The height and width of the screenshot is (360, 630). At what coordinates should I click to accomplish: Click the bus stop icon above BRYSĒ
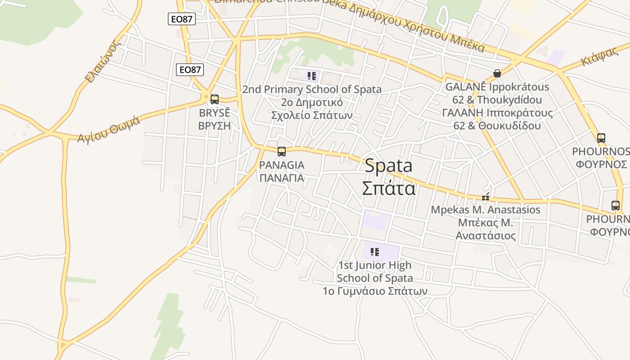coord(215,99)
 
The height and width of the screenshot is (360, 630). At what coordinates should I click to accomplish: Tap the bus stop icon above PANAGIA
coord(282,152)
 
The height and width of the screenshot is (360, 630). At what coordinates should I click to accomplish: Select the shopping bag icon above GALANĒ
coord(497,73)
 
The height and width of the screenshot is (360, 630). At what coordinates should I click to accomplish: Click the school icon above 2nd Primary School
coord(312,76)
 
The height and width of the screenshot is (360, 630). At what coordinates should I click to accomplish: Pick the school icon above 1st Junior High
coord(374,252)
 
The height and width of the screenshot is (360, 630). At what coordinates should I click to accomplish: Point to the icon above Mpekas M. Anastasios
coord(486,197)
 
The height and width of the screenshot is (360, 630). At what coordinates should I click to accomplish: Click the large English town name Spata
coord(388,166)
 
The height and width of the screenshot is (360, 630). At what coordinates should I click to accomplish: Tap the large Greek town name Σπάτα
coord(389,188)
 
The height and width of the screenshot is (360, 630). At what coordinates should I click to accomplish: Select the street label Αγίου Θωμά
coord(108,129)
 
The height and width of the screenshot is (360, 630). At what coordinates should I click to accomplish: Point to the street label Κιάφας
coord(600,57)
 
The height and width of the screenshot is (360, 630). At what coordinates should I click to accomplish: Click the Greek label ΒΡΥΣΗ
coord(215,126)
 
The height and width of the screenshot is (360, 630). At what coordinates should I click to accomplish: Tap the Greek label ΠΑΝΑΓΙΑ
coord(282,178)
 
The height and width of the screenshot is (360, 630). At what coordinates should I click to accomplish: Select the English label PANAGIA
coord(282,165)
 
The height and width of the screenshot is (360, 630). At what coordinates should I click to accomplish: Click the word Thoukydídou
coord(509,99)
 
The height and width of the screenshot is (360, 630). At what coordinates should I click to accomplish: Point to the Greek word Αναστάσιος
coord(486,235)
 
